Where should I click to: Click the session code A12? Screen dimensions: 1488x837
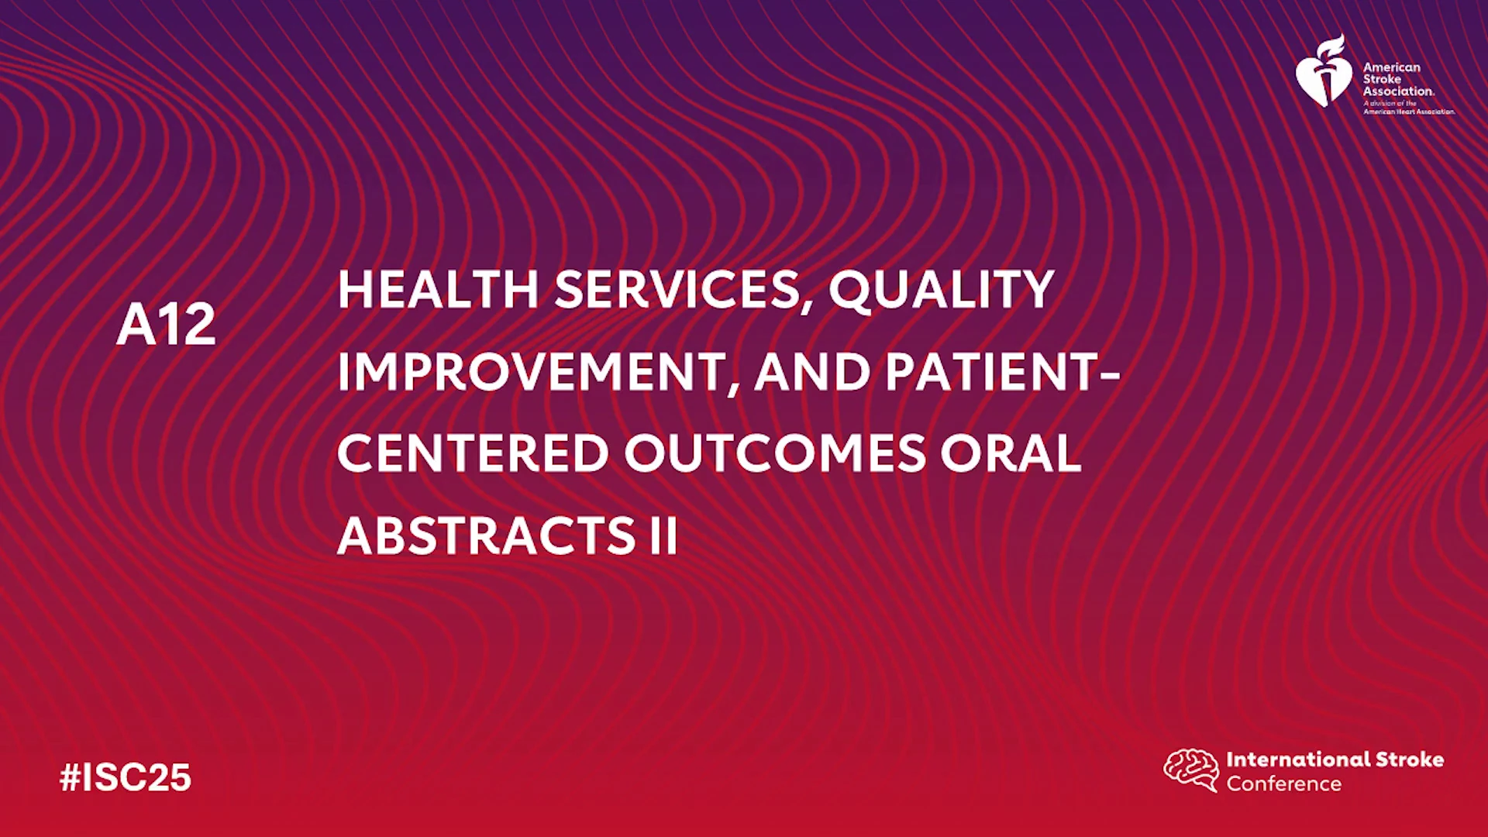coord(166,325)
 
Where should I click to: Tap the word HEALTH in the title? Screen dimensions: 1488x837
coord(438,290)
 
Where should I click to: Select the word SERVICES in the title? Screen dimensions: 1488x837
coord(677,290)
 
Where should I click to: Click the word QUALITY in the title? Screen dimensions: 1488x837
coord(942,291)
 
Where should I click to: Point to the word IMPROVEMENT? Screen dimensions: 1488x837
coord(531,373)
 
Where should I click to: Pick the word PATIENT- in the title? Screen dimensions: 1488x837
coord(1003,373)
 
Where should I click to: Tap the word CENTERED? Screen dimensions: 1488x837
coord(473,453)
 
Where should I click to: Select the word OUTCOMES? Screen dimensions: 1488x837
coord(775,453)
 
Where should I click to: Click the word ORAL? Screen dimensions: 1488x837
coord(1011,453)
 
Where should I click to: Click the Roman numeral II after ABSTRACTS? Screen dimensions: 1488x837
coord(663,536)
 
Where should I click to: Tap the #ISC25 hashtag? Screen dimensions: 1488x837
coord(126,777)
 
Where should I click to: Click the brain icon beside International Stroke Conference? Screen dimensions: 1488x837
coord(1191,770)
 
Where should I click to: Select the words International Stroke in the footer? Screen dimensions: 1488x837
coord(1335,759)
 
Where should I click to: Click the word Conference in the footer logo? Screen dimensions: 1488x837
coord(1283,784)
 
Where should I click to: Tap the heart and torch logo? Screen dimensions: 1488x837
coord(1324,71)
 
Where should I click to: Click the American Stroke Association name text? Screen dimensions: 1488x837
coord(1398,79)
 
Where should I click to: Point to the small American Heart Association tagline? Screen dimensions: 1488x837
coord(1409,108)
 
